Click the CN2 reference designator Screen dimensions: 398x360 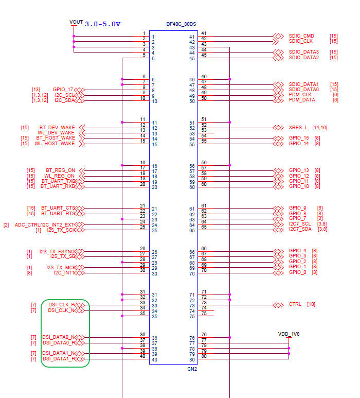coord(192,369)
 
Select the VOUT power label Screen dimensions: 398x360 coord(76,22)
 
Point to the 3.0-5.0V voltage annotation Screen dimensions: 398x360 coord(102,24)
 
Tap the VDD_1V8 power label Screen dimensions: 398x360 coord(289,334)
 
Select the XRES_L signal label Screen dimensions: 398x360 coord(298,127)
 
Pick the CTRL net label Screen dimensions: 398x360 coord(295,304)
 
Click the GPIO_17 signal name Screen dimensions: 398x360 coord(63,90)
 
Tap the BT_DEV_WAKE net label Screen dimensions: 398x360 coord(57,127)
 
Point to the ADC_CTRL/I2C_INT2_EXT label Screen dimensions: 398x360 coord(45,224)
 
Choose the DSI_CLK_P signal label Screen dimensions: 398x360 coord(61,305)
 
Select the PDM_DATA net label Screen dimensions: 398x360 coord(302,100)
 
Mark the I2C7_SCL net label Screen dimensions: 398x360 coord(300,224)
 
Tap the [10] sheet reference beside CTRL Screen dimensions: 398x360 coord(311,304)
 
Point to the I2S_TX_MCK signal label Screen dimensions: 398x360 coord(60,267)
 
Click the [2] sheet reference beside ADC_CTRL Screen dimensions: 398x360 coord(6,224)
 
